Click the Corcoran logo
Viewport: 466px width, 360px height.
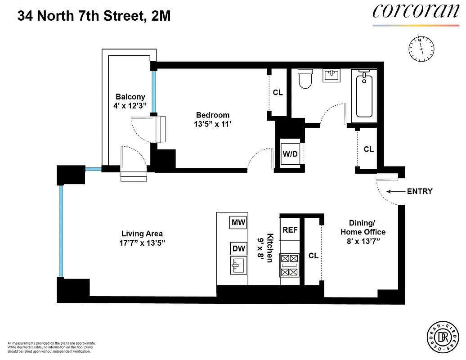tap(416, 12)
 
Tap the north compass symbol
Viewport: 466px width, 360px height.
tap(421, 48)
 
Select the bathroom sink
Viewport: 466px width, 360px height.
tap(332, 75)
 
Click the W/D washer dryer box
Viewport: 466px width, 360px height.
tap(290, 154)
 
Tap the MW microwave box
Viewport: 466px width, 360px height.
tap(237, 222)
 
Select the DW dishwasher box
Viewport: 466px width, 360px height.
tap(237, 248)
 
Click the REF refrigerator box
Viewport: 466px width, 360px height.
tap(290, 230)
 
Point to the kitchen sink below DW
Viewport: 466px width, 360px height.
tap(238, 266)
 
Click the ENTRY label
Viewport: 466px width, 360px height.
tap(419, 191)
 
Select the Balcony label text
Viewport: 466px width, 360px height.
tap(130, 97)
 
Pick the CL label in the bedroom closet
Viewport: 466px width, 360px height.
tap(278, 93)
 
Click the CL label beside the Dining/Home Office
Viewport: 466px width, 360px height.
tap(314, 256)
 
